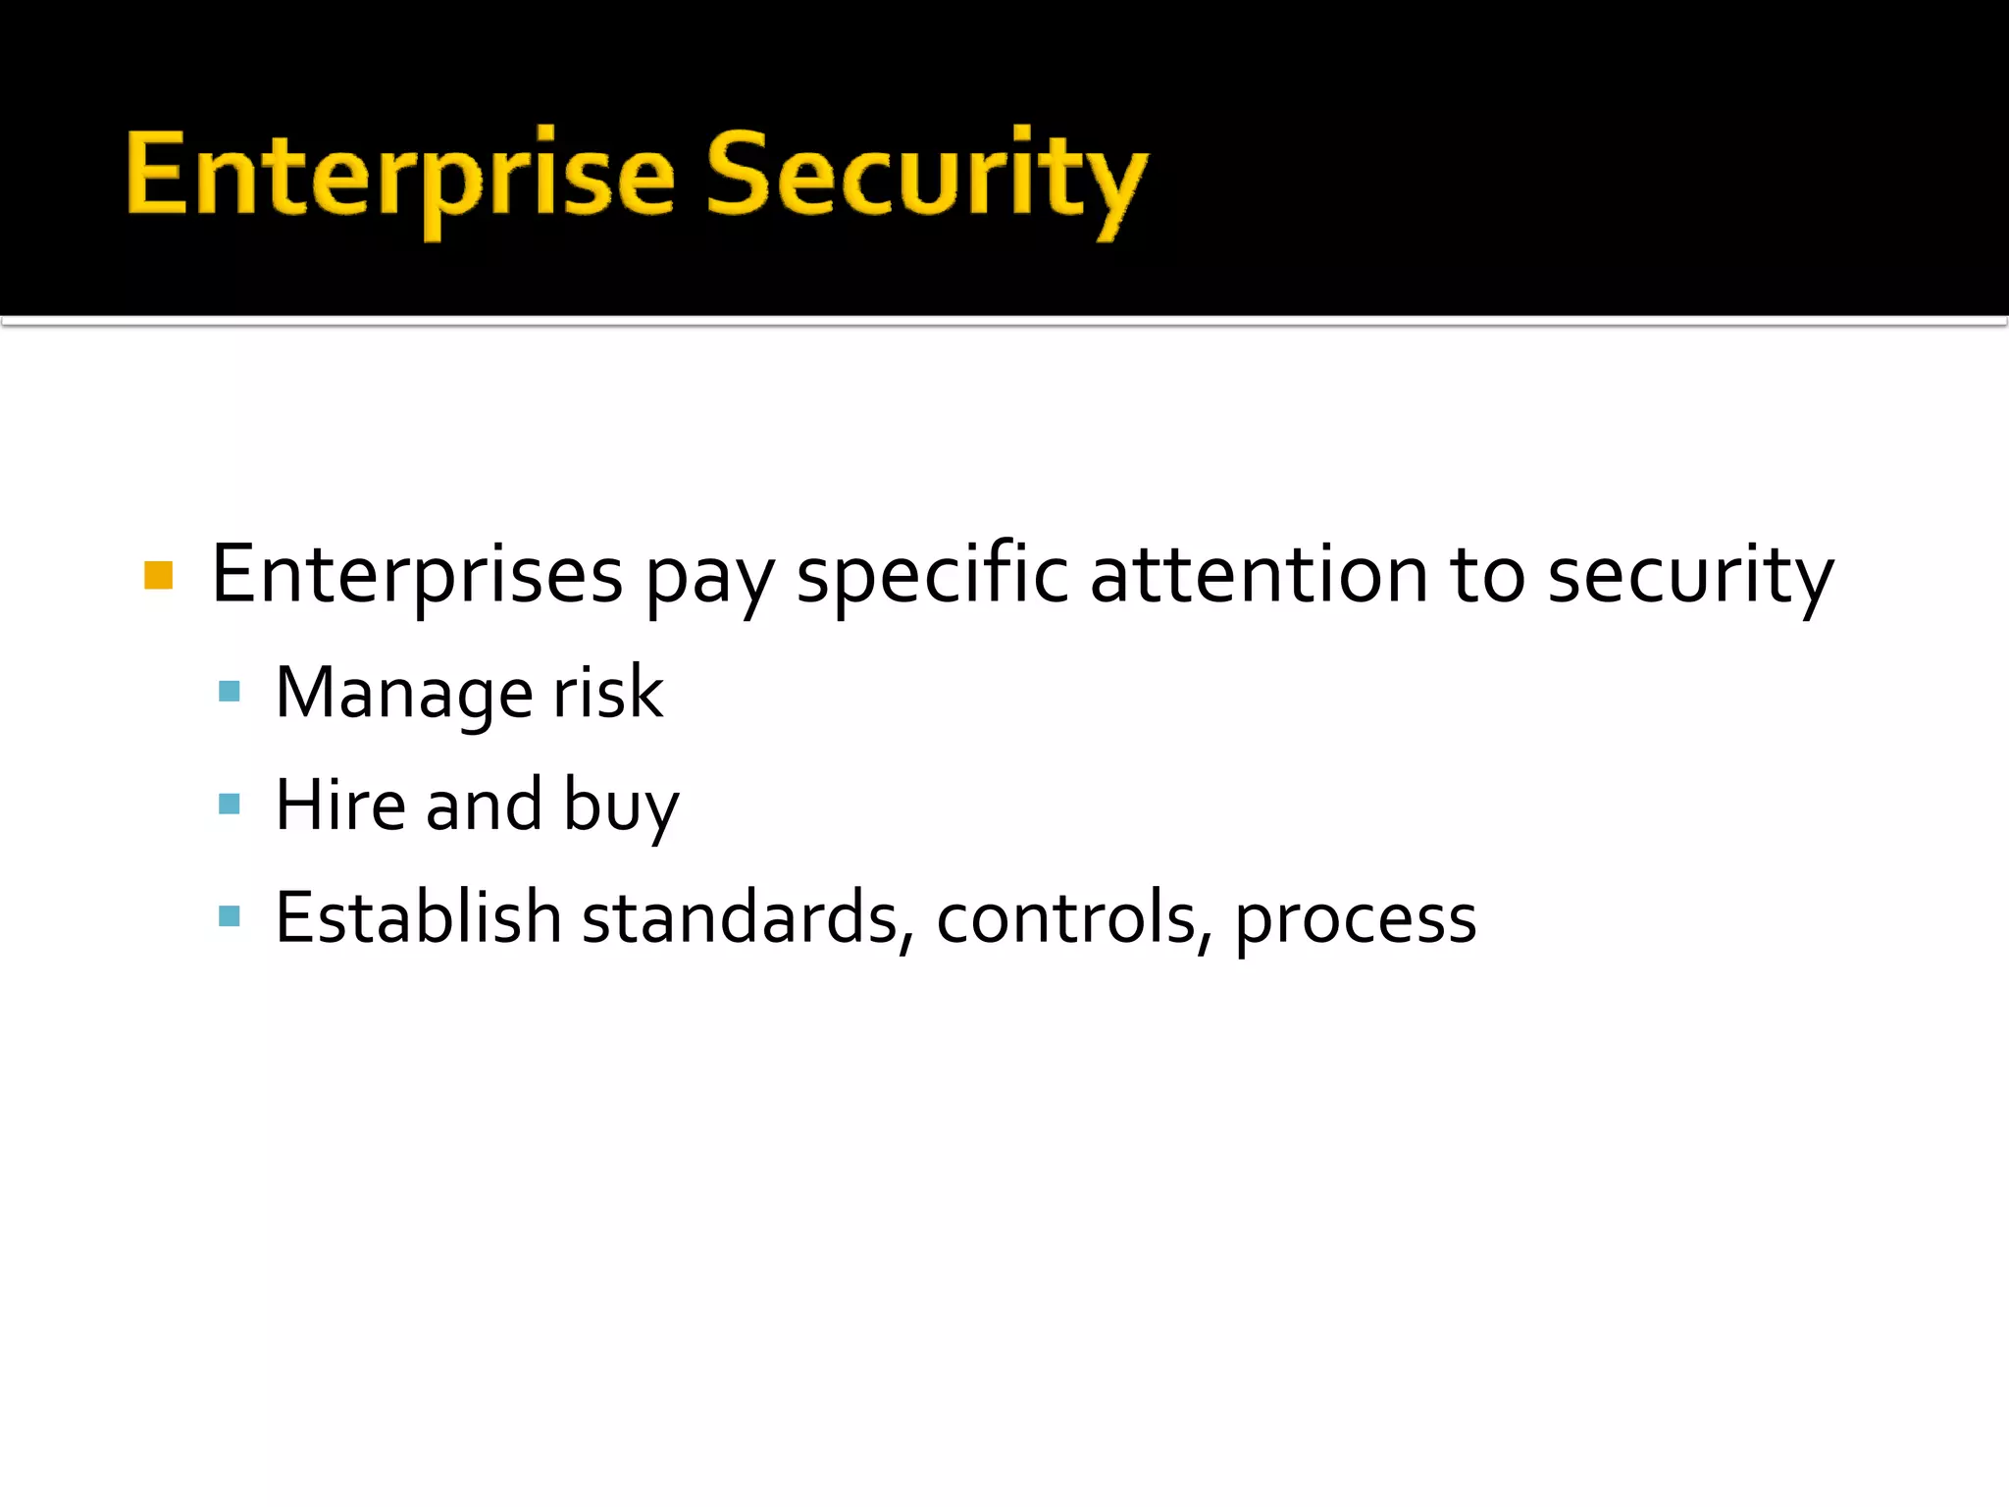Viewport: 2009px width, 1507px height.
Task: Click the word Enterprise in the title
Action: click(x=400, y=177)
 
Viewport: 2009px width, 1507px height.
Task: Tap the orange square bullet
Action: click(x=158, y=575)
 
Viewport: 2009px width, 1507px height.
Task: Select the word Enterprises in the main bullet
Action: click(x=417, y=575)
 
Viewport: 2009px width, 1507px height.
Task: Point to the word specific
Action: click(x=931, y=575)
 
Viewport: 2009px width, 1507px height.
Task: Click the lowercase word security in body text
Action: click(x=1689, y=577)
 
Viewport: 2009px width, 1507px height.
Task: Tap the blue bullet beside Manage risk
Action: click(x=230, y=693)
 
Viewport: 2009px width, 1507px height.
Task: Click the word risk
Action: click(x=608, y=693)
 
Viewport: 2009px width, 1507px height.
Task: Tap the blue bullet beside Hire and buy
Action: click(x=230, y=805)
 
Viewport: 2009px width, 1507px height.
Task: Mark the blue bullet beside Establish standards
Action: click(x=230, y=917)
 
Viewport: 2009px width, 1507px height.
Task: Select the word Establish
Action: click(x=418, y=917)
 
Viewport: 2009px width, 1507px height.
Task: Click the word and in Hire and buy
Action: click(x=484, y=805)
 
